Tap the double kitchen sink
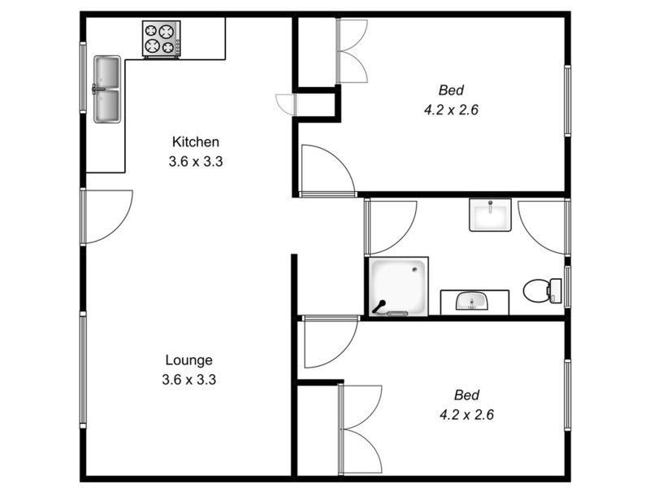(106, 89)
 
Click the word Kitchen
(195, 142)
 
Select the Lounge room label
(188, 359)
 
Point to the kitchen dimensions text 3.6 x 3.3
(195, 161)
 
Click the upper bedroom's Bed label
(451, 90)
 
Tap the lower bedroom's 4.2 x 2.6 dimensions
(466, 414)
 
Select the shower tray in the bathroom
(398, 287)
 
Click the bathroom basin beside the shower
(474, 302)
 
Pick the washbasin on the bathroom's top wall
(490, 216)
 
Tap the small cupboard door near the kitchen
(288, 104)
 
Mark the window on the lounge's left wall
(82, 370)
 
